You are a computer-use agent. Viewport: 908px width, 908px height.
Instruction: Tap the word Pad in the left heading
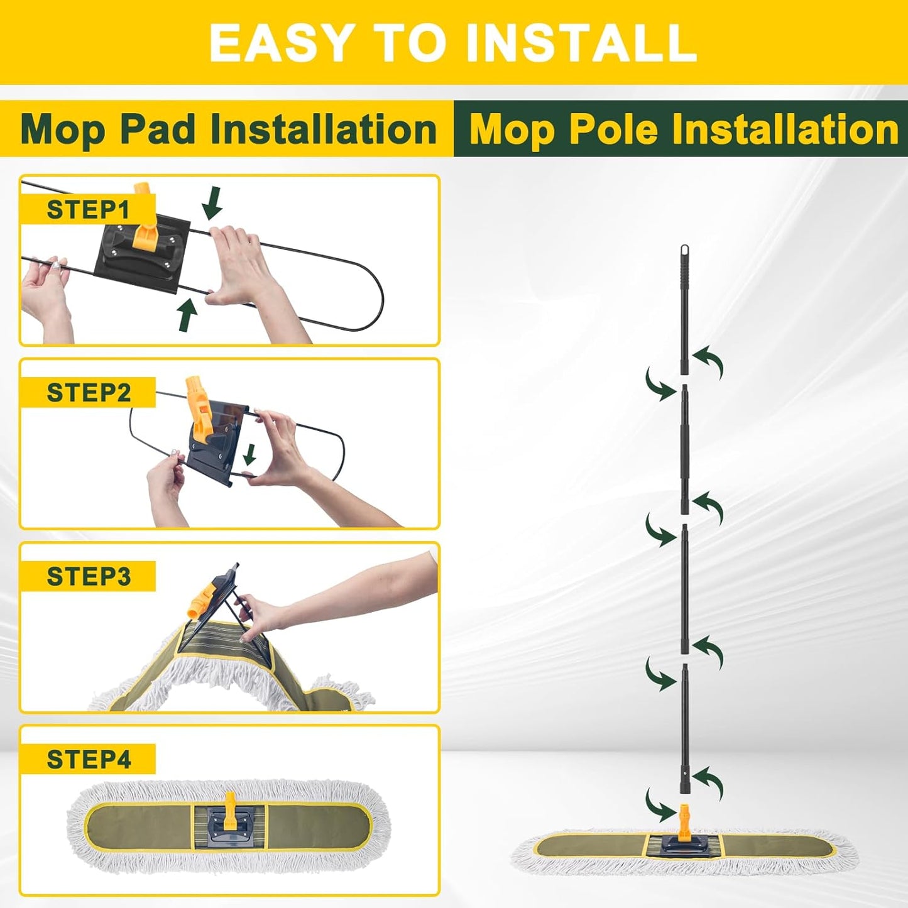[x=156, y=129]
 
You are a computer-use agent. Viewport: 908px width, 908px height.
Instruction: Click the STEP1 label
[x=88, y=209]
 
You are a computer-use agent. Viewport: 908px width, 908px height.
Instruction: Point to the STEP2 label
[x=88, y=393]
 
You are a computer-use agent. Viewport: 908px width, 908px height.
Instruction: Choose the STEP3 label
[x=88, y=576]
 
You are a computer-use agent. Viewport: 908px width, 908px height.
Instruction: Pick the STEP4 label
[x=88, y=759]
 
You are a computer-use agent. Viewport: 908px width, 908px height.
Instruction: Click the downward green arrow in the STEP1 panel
[x=213, y=202]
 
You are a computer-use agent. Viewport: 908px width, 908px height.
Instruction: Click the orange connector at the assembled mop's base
[x=684, y=816]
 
